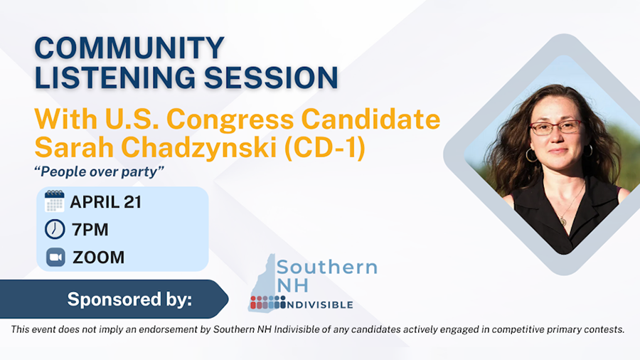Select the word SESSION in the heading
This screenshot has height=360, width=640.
(270, 77)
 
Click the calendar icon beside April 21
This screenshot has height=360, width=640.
(55, 201)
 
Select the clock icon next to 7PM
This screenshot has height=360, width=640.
(55, 229)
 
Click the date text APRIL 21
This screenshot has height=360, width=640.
(105, 201)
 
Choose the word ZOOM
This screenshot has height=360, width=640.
(98, 257)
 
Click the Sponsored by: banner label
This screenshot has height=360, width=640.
(129, 300)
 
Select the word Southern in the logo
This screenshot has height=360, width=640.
(327, 268)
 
